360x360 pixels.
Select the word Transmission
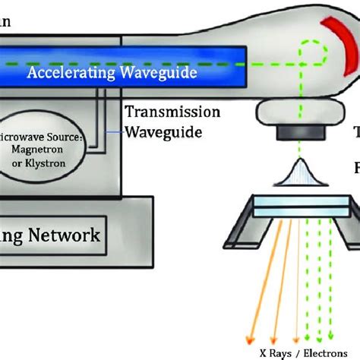coord(172,113)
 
